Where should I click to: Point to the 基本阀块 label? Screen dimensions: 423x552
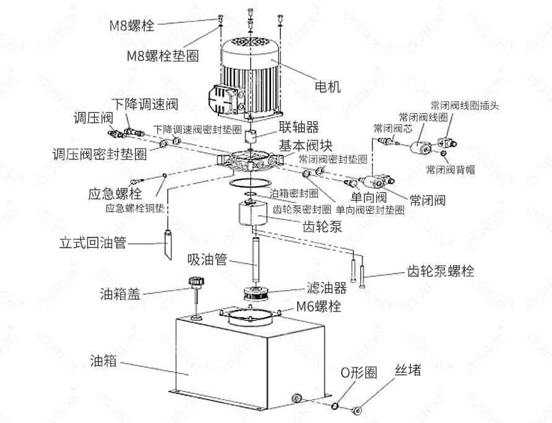pos(306,146)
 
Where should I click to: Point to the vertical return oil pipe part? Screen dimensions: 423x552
pos(168,243)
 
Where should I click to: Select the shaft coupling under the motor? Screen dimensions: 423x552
pos(252,135)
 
